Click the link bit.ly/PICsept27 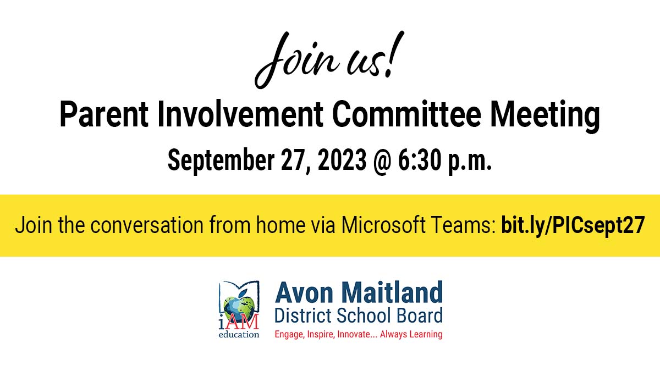[x=573, y=225]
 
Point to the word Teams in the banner [x=468, y=225]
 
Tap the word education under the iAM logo [x=239, y=334]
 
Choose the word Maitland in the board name [x=394, y=294]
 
